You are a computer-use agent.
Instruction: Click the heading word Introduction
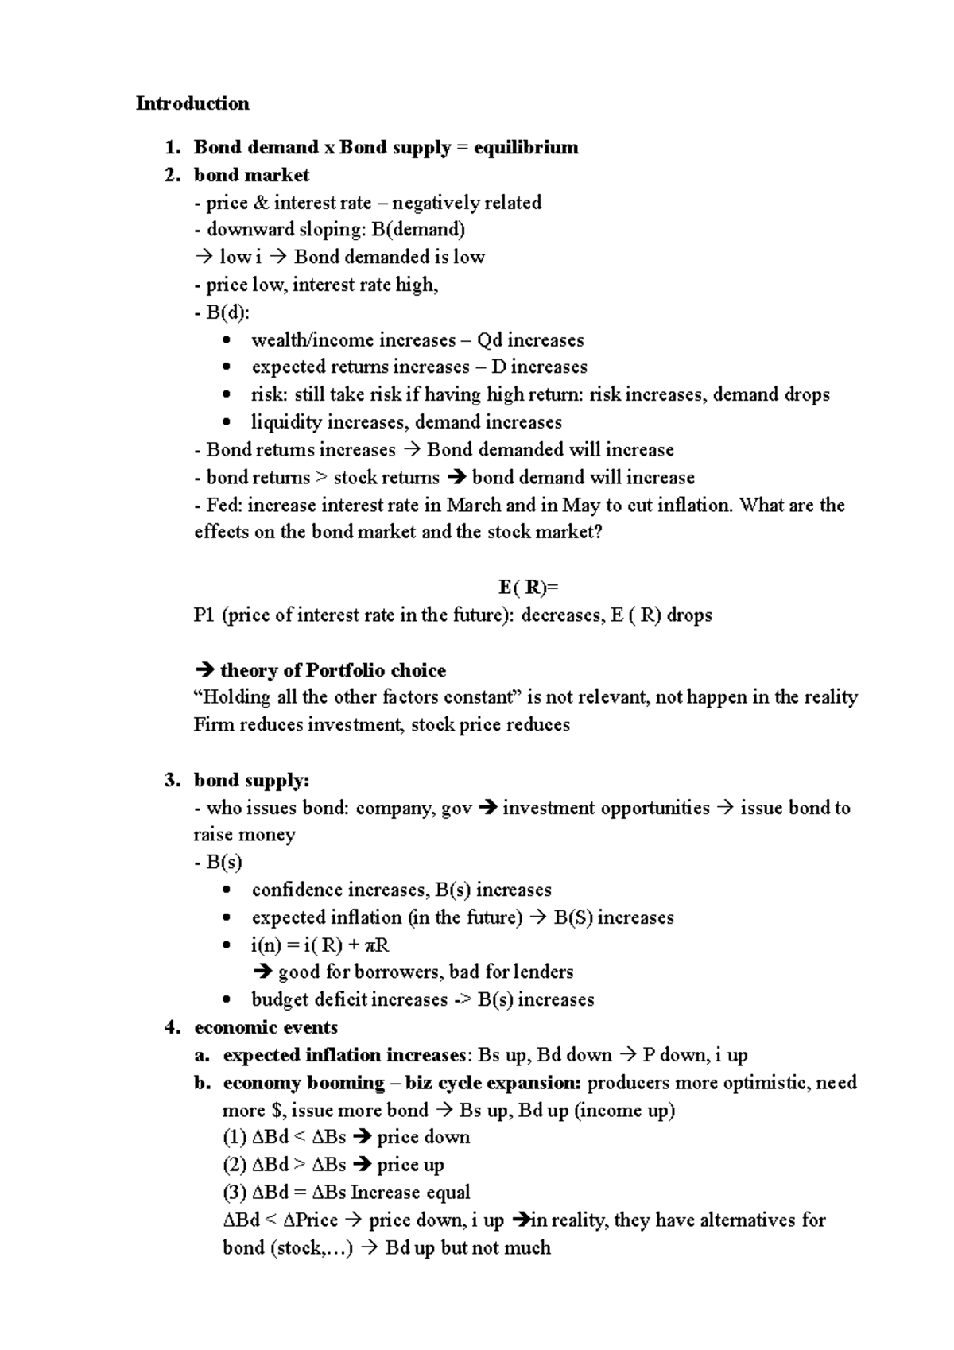(x=192, y=103)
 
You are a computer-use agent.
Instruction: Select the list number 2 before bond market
(x=172, y=175)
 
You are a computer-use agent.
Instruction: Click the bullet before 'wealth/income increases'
(x=228, y=340)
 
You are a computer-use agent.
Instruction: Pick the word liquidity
(x=286, y=422)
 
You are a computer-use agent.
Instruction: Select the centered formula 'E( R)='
(x=529, y=588)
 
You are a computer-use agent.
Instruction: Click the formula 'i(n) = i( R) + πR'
(x=320, y=945)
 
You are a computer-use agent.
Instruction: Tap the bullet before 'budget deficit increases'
(x=228, y=999)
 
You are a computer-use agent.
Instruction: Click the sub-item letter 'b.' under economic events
(x=202, y=1083)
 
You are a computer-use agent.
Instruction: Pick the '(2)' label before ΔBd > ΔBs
(x=235, y=1165)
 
